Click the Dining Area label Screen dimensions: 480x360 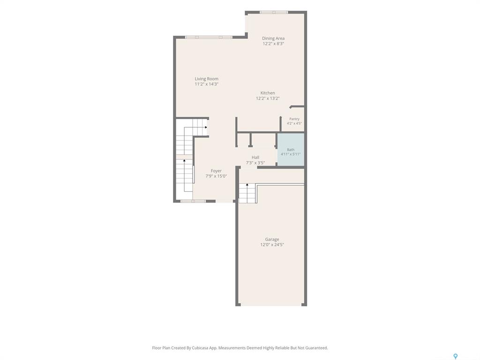coord(273,38)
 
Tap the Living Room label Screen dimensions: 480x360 coord(207,79)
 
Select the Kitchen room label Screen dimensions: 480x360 coord(268,93)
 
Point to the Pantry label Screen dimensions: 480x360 coord(294,119)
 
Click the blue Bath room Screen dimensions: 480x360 coord(291,150)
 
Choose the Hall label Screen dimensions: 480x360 coord(255,157)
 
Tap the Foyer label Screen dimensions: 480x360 coord(216,171)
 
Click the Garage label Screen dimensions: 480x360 coord(272,240)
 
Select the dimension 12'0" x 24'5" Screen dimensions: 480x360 coord(272,245)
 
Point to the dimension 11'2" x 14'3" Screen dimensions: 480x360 coord(207,84)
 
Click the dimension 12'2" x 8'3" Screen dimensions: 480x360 coord(273,44)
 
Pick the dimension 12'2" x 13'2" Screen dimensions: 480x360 coord(268,98)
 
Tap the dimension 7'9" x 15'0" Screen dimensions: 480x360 coord(216,176)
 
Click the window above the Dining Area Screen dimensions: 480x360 coord(274,12)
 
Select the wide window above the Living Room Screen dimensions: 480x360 coord(209,37)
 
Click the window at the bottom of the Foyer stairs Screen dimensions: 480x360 coord(193,201)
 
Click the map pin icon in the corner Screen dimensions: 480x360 coord(456,356)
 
